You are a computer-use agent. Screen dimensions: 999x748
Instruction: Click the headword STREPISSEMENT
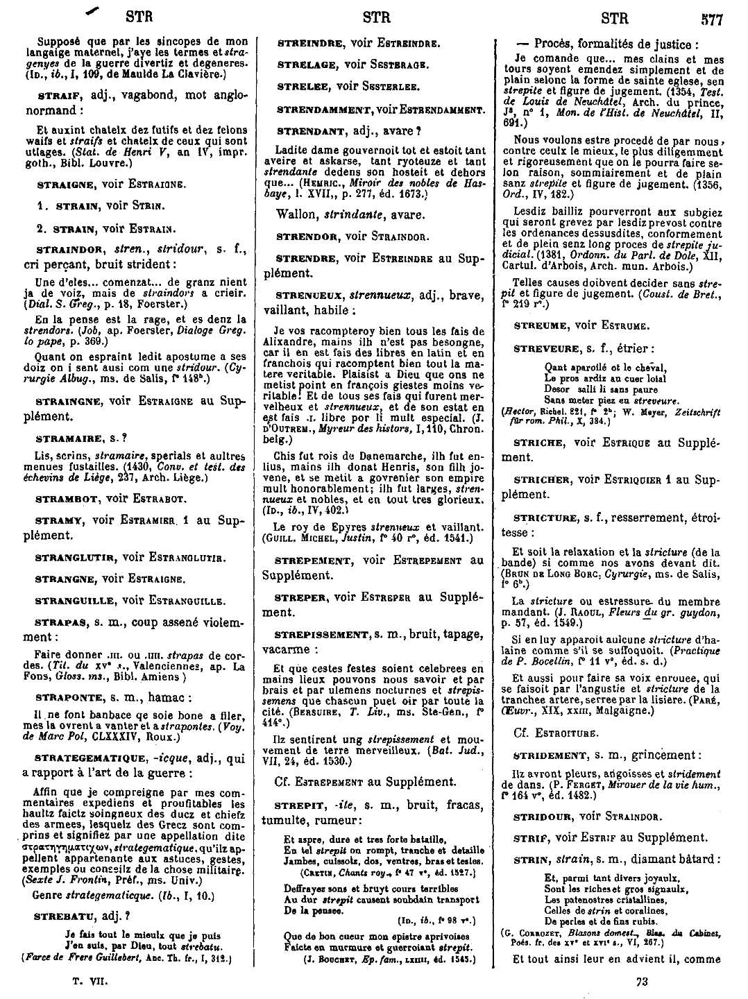(323, 634)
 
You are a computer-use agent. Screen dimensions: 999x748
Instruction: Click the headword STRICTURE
(545, 518)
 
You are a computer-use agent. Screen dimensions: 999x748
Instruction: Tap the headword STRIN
(531, 858)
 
